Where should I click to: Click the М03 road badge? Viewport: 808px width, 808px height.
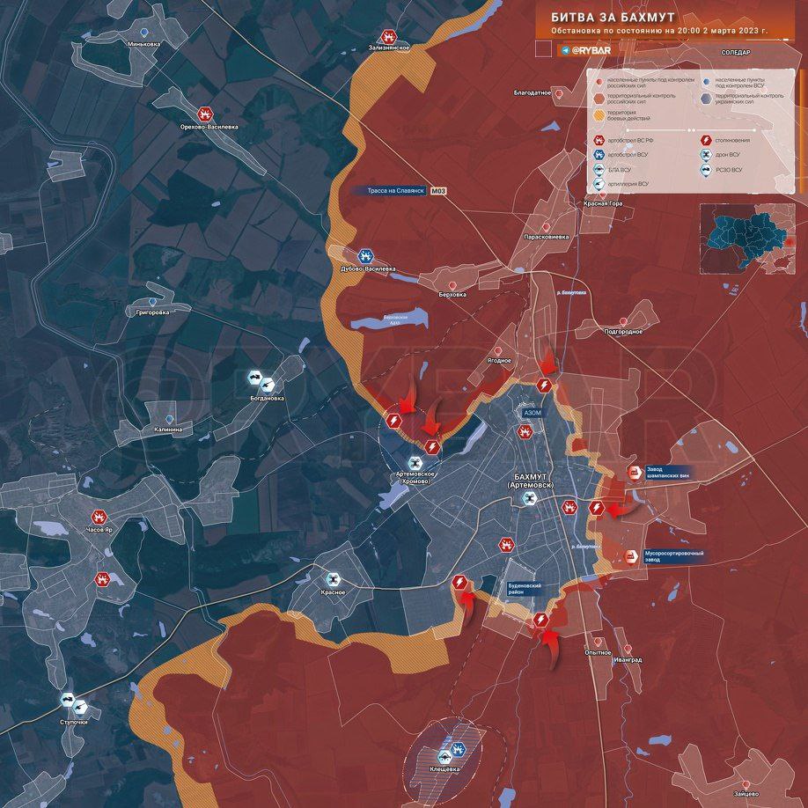438,190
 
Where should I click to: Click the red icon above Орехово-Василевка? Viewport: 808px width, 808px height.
204,114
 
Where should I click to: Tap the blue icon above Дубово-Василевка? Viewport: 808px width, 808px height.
365,255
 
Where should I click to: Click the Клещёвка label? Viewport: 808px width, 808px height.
444,769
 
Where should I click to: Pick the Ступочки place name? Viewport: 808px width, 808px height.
73,722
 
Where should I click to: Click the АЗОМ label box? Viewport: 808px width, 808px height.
533,412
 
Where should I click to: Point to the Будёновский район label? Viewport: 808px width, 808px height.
531,589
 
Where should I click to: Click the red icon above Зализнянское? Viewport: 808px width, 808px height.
387,36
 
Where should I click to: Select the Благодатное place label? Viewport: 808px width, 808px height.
533,92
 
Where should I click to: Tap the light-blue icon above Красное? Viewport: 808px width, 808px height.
333,579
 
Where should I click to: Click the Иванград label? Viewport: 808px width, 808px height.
628,659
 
